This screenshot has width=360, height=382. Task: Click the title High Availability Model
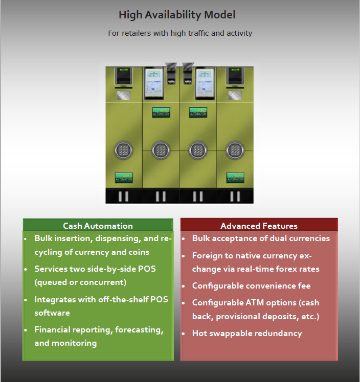[177, 15]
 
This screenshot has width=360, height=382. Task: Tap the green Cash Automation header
[98, 226]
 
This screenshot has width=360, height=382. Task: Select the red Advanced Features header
[259, 226]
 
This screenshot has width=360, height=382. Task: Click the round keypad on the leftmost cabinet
[123, 150]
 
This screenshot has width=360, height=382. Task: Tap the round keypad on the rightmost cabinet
[235, 150]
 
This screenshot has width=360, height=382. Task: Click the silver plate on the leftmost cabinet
[123, 95]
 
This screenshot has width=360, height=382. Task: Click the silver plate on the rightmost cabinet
[235, 95]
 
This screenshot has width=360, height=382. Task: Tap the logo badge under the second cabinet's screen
[161, 112]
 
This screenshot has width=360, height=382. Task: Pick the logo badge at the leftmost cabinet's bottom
[123, 178]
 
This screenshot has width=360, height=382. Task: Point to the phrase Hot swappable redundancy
[247, 333]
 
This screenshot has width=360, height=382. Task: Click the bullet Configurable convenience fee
[251, 286]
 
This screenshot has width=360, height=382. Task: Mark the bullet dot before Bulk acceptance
[185, 238]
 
